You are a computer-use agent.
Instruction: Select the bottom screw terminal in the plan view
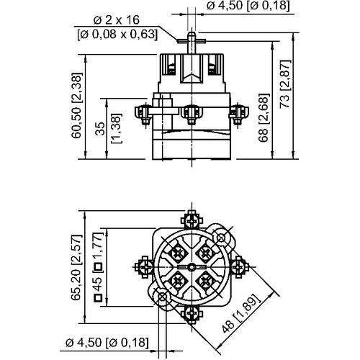point(192,314)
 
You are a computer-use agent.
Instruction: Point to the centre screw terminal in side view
point(193,112)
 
